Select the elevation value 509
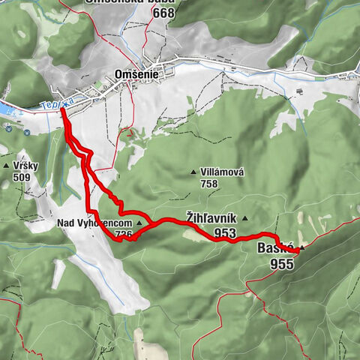click(21, 178)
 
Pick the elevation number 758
click(209, 184)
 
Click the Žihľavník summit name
click(211, 218)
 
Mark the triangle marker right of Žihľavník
click(244, 219)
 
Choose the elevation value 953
click(225, 233)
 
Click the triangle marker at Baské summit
click(301, 248)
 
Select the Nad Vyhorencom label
click(94, 223)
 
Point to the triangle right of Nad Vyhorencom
click(139, 223)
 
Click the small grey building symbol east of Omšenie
click(298, 91)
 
